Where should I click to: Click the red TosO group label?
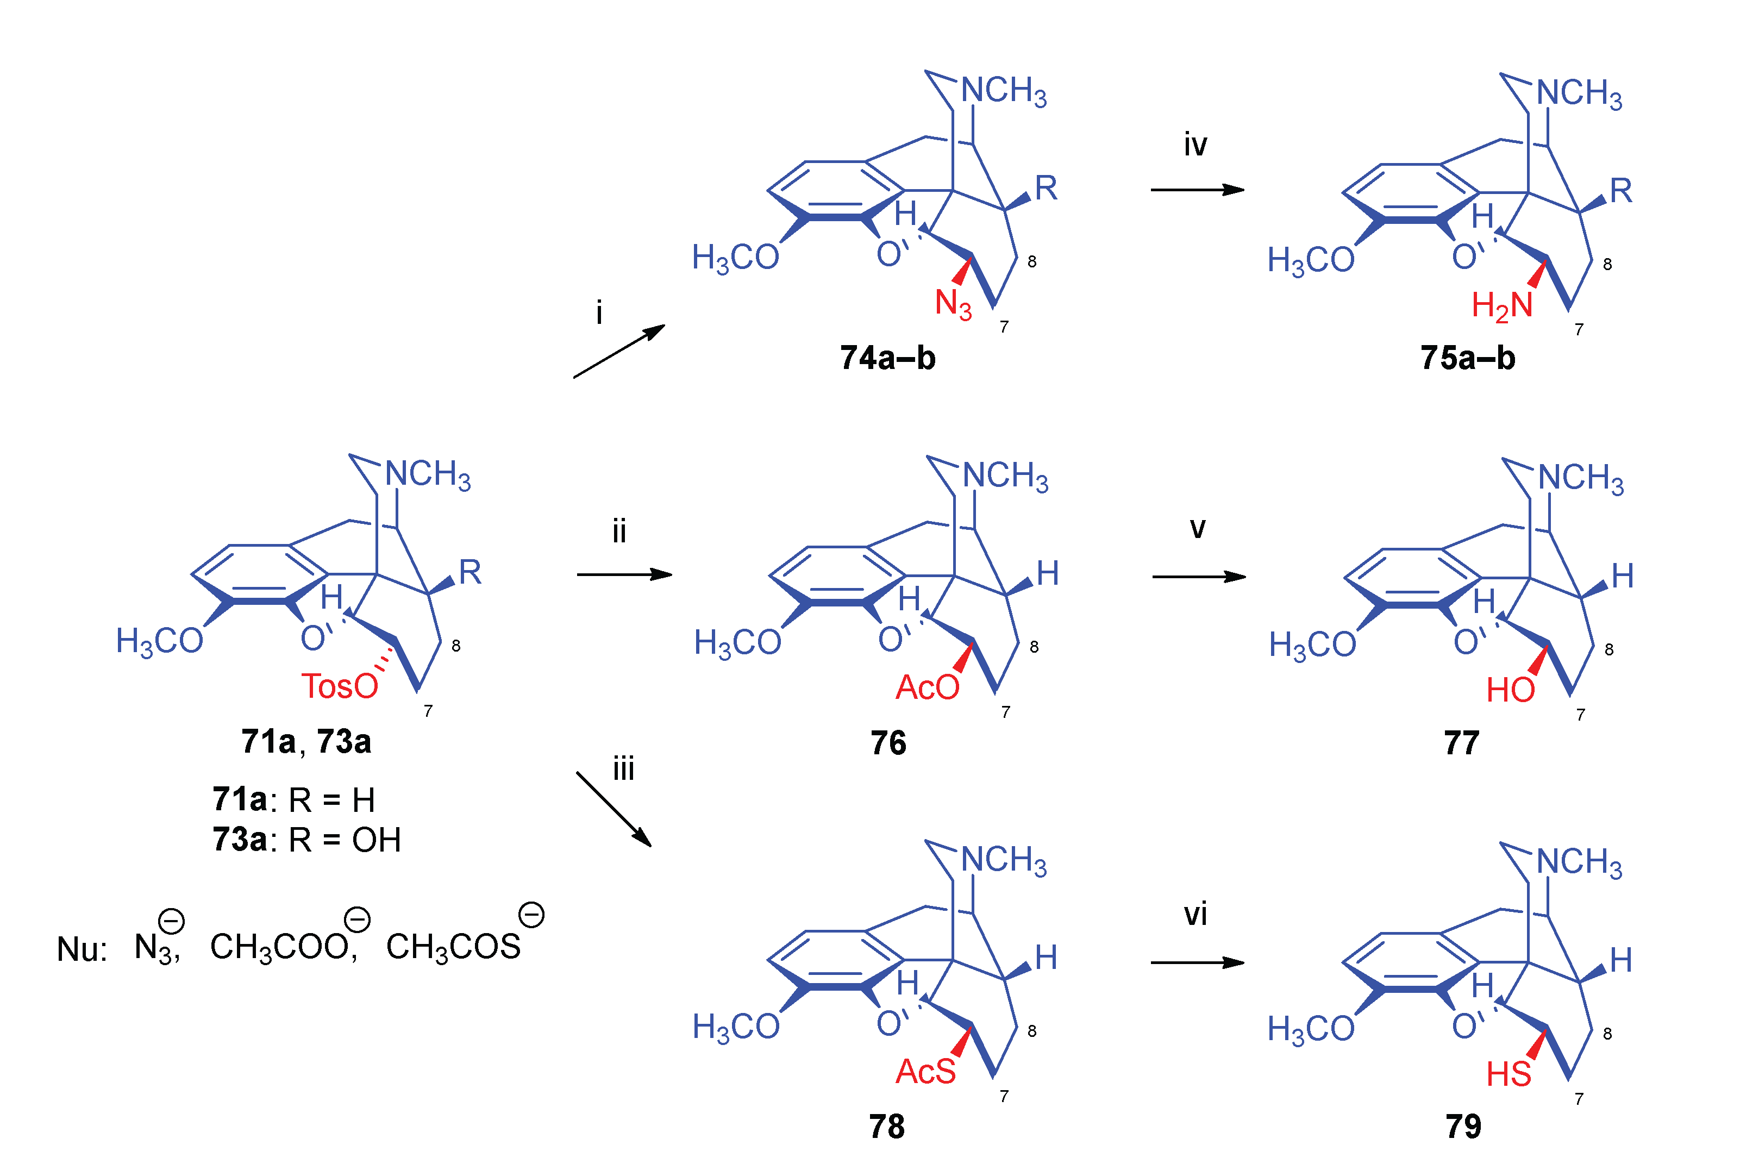(x=339, y=686)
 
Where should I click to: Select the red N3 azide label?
(x=953, y=304)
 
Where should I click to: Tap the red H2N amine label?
(x=1501, y=306)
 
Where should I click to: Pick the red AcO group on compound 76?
(x=927, y=687)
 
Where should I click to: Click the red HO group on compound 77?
(x=1510, y=690)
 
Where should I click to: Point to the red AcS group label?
(x=925, y=1071)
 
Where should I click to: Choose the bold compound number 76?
(x=888, y=742)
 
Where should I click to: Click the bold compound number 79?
(x=1463, y=1126)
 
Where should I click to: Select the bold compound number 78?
(x=886, y=1126)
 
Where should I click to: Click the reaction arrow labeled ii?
(x=624, y=574)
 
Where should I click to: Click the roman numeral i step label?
(x=599, y=312)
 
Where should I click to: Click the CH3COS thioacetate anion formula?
(x=453, y=947)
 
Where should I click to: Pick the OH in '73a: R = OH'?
(x=377, y=840)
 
